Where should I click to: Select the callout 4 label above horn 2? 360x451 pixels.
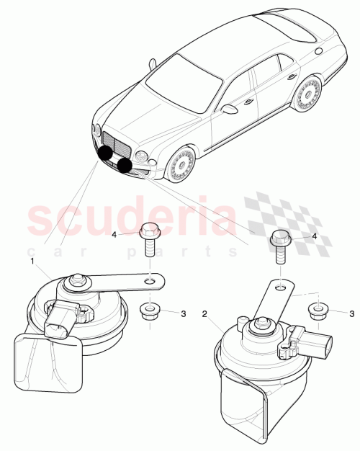point(315,236)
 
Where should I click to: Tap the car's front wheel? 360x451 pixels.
point(180,164)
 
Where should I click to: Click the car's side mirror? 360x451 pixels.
point(230,110)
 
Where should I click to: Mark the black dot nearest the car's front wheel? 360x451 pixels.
point(125,166)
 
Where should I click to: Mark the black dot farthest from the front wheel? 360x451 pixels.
point(107,153)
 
